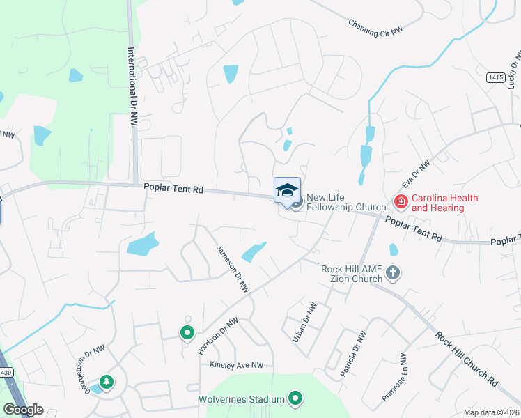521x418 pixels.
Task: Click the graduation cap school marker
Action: pos(287,190)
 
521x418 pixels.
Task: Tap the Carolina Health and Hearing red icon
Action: pos(401,203)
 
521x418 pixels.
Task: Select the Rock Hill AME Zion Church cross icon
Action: pos(393,273)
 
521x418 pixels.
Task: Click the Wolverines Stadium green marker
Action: pos(296,399)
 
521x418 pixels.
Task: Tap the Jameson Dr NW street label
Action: pos(232,274)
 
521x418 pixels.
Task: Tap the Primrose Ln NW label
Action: pos(394,377)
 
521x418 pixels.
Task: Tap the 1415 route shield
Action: pos(495,77)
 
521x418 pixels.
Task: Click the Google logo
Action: pos(23,410)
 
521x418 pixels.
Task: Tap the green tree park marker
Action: pos(106,382)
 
